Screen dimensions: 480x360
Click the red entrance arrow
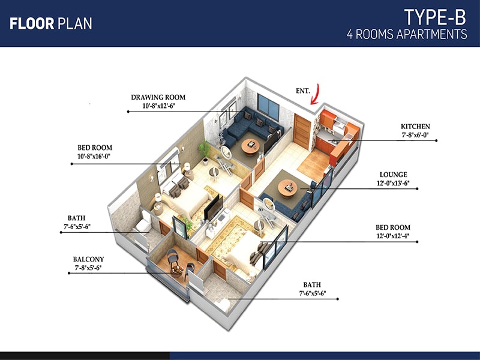tap(316, 94)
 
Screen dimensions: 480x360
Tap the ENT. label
tap(303, 91)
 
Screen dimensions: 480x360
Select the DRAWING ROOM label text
tap(158, 97)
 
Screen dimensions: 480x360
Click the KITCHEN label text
tap(415, 127)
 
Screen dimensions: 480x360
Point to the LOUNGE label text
tap(394, 175)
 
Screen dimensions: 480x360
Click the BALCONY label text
tap(88, 259)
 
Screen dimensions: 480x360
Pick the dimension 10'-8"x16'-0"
tap(94, 157)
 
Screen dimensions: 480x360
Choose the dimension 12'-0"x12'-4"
tap(393, 236)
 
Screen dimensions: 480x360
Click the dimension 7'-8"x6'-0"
tap(415, 135)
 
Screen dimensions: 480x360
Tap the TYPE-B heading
tap(435, 17)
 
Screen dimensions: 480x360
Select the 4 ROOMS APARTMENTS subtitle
tap(407, 34)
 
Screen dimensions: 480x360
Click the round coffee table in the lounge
tap(287, 188)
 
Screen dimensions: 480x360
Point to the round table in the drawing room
tap(250, 147)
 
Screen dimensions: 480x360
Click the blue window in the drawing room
tap(268, 107)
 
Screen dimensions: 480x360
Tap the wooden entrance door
tap(302, 131)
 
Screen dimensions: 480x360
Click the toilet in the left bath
tap(144, 223)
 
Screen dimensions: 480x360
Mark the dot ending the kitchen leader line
tap(436, 141)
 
